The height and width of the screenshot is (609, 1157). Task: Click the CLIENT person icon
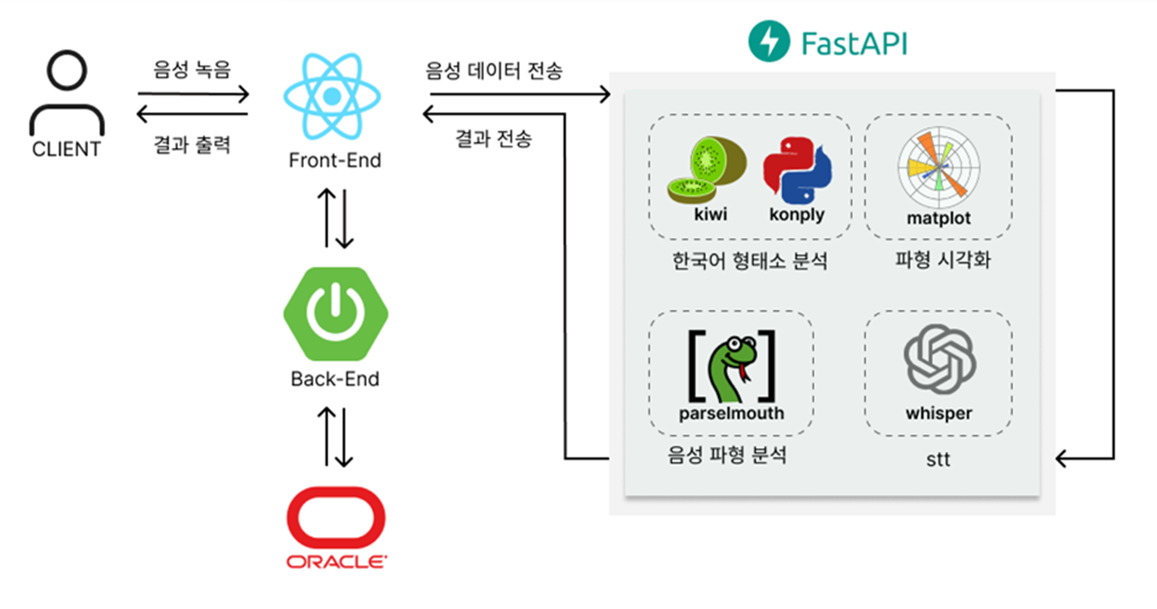tap(67, 92)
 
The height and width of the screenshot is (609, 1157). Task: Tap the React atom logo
tap(332, 96)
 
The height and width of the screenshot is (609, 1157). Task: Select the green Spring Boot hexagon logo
tap(336, 313)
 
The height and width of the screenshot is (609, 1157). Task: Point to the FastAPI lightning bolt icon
tap(769, 41)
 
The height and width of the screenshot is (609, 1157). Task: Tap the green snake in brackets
tap(732, 367)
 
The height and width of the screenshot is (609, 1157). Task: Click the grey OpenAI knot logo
tap(940, 359)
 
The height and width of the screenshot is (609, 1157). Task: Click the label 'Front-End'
tap(335, 161)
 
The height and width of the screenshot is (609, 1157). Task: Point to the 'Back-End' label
tap(335, 379)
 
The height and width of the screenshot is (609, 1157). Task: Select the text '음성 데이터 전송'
tap(494, 71)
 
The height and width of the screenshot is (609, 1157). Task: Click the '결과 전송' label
tap(493, 138)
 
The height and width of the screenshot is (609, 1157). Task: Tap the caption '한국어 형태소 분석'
tap(749, 260)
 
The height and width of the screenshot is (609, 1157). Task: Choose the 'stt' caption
tap(938, 459)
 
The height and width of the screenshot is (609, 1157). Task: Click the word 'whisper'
tap(939, 413)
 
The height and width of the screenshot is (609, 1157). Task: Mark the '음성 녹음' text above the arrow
tap(192, 70)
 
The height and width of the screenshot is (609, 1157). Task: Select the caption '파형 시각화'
tap(943, 259)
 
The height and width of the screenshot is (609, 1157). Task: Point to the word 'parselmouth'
tap(731, 413)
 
